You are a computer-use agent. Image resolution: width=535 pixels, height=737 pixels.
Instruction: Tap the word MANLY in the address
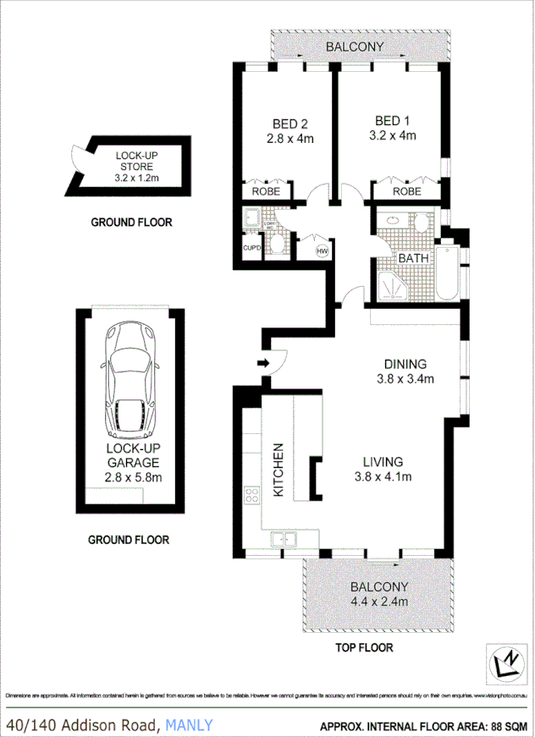(190, 724)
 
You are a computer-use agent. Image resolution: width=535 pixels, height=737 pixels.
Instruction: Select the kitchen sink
(284, 537)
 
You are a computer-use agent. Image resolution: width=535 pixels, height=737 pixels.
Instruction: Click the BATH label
(414, 259)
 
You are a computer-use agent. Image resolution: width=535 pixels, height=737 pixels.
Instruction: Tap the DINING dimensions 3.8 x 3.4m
(405, 379)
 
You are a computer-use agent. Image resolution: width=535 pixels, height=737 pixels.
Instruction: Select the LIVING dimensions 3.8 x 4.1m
(383, 477)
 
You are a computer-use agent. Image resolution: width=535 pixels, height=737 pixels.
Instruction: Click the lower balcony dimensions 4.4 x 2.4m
(380, 602)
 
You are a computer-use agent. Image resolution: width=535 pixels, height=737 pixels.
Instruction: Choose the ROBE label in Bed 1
(406, 192)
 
